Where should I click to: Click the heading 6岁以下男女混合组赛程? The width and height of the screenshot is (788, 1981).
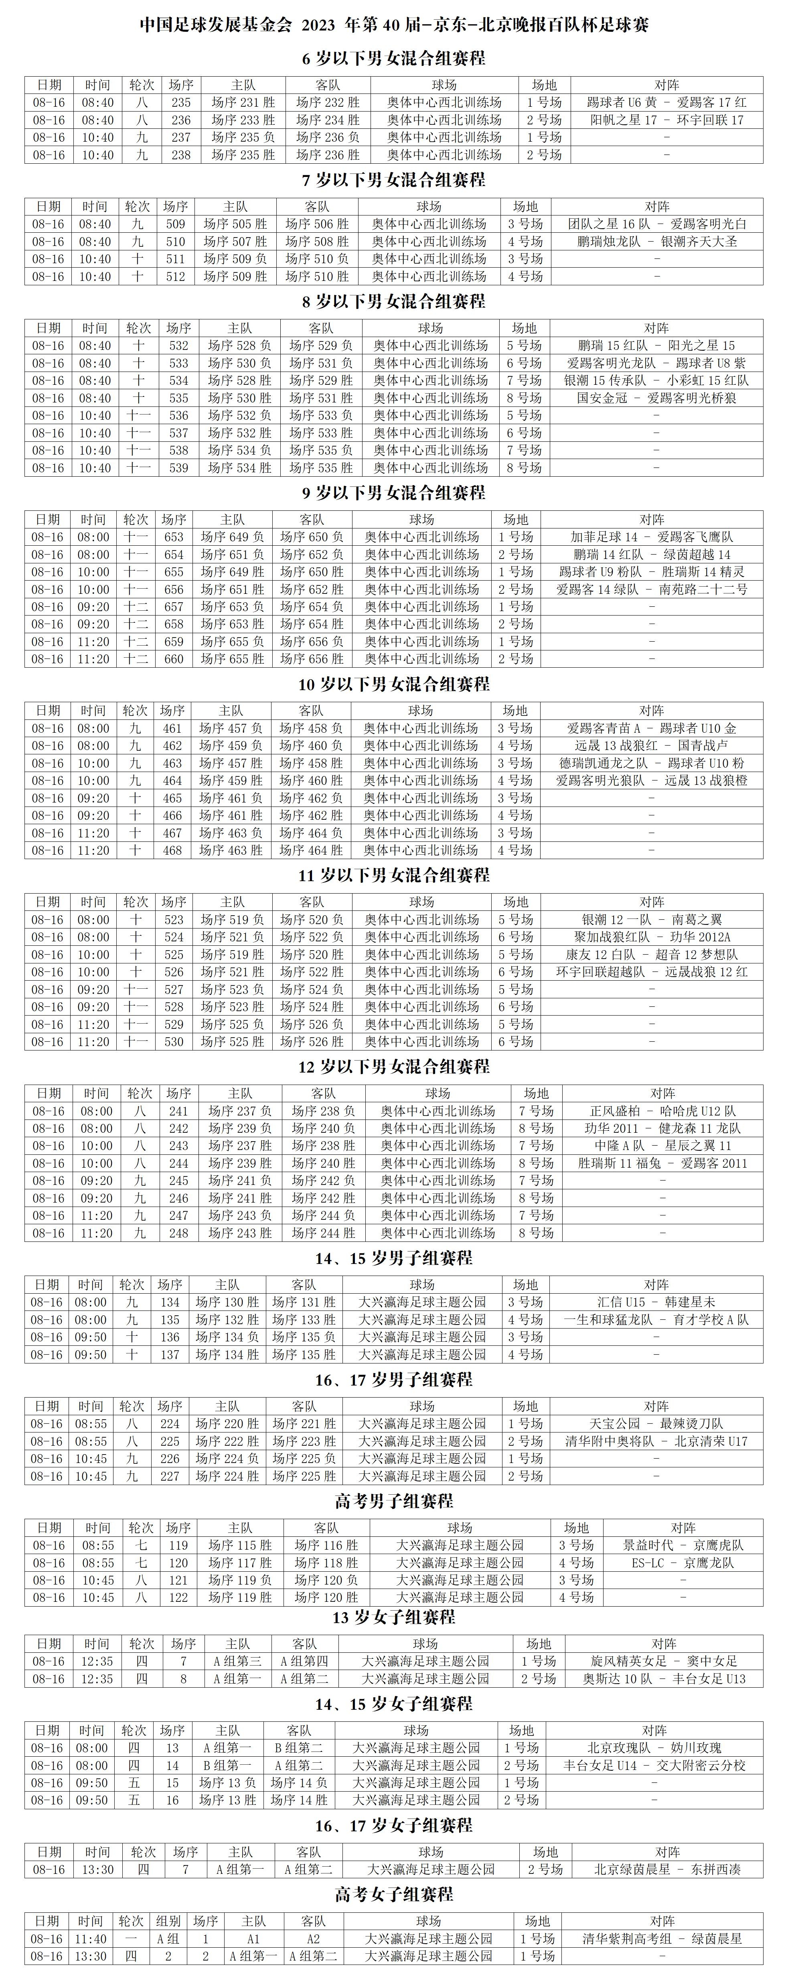(394, 59)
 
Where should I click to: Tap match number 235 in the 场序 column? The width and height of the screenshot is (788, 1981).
(181, 102)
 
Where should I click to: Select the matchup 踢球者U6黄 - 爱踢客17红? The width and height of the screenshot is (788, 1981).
(666, 102)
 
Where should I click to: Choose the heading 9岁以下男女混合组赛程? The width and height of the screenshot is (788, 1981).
(394, 492)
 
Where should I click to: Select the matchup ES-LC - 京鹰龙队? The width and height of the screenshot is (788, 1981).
(683, 1563)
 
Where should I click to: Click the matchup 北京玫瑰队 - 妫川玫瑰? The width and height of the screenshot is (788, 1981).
(654, 1748)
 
